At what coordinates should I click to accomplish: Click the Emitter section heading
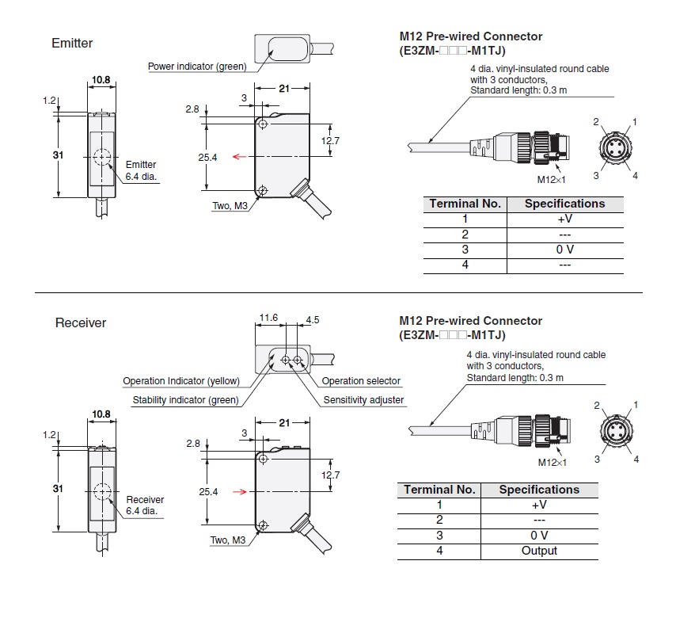click(72, 43)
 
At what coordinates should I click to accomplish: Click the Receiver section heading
click(80, 323)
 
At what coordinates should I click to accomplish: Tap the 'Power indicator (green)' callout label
click(197, 67)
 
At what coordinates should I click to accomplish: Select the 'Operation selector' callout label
click(361, 381)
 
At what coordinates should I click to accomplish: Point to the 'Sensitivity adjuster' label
click(363, 400)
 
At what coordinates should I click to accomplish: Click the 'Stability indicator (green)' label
click(185, 400)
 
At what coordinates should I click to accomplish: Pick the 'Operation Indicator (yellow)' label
click(181, 381)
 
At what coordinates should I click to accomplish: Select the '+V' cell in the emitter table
click(564, 219)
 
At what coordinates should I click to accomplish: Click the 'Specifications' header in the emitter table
click(564, 204)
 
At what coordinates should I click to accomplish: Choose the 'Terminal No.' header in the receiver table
click(439, 490)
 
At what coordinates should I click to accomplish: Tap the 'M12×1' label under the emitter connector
click(551, 180)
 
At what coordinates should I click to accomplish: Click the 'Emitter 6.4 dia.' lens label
click(142, 170)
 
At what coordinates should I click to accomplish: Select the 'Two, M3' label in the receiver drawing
click(231, 540)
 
